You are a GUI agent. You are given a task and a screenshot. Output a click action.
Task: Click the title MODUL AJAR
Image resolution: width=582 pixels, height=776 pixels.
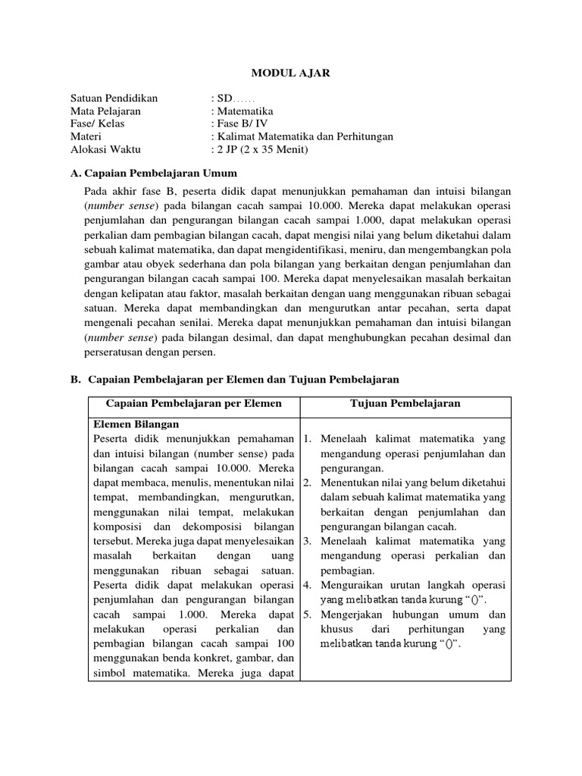coord(291,74)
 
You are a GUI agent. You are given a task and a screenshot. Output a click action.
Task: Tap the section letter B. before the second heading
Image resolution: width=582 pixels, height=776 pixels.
coord(76,378)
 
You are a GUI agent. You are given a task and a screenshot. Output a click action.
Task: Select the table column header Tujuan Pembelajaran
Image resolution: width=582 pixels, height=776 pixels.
coord(405,404)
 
